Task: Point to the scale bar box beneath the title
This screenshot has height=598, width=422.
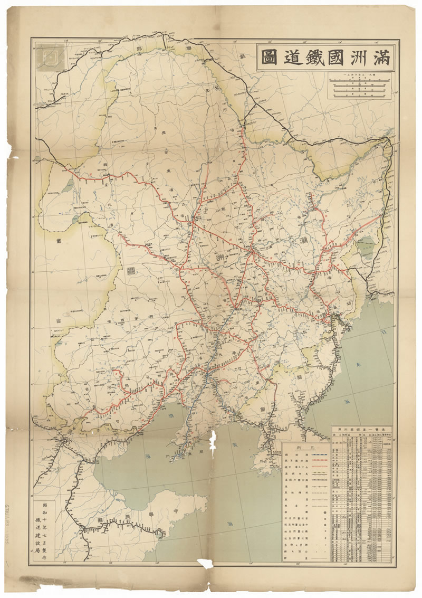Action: [x=359, y=86]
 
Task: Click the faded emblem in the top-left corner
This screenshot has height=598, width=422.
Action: [x=50, y=55]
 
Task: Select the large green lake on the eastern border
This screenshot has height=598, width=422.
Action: [x=366, y=248]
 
